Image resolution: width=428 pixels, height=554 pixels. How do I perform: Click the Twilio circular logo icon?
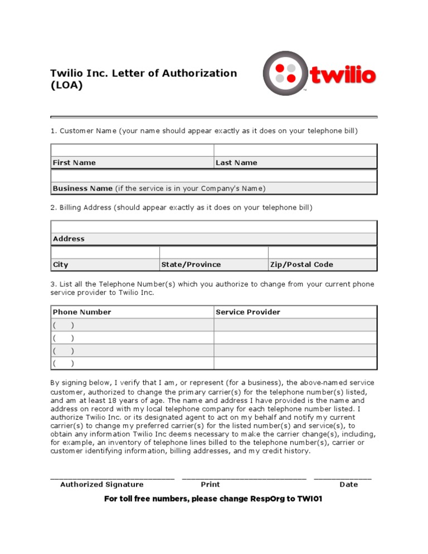point(286,74)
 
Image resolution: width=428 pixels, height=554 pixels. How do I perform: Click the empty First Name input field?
point(132,150)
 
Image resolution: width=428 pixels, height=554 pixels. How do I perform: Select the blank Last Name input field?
point(295,150)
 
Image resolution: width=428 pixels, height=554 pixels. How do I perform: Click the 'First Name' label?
point(74,163)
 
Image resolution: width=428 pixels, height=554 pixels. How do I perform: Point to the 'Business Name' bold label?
point(82,188)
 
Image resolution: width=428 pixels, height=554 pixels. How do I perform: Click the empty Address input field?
point(214,226)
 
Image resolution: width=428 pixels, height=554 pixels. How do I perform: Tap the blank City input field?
point(105,252)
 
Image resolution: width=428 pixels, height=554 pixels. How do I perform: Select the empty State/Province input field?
point(213,252)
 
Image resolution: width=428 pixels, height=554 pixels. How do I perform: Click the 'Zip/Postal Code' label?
point(301,265)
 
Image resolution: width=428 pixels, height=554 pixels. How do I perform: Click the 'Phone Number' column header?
point(82,312)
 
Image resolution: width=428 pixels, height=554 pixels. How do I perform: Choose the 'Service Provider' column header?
point(248,312)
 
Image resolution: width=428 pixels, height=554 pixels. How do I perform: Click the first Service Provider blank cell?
point(295,325)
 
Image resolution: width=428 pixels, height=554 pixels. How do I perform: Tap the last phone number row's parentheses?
point(64,363)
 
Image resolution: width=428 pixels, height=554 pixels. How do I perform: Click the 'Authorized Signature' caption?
point(101,484)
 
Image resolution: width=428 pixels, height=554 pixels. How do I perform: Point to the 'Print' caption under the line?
point(210,484)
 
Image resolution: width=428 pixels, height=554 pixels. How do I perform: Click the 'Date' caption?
point(349,484)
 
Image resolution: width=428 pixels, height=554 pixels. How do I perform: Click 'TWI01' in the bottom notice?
point(310,499)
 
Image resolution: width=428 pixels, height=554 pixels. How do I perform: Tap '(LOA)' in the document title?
point(66,86)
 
